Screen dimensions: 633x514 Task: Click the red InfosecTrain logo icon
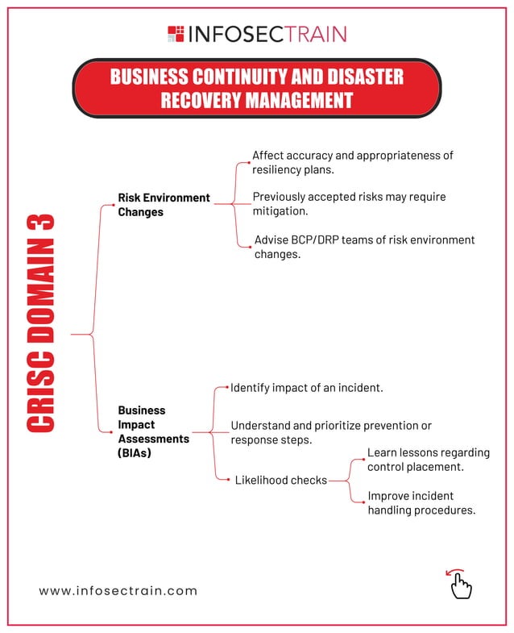176,34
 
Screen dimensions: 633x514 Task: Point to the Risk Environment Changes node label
164,205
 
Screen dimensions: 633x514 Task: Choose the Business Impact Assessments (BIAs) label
153,431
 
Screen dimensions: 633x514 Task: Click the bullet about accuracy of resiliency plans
353,162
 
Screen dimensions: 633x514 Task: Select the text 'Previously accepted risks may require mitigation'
349,204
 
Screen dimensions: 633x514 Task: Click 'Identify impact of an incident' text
306,388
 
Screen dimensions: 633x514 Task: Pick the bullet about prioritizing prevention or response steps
330,433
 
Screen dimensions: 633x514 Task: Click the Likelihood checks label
280,480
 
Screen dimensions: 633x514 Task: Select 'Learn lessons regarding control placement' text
428,460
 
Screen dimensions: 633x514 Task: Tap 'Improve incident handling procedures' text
421,502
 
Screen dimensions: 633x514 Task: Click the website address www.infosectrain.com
118,590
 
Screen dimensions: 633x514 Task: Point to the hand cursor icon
459,585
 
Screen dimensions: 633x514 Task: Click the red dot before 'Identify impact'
229,388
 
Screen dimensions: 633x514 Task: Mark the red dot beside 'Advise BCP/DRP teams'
251,247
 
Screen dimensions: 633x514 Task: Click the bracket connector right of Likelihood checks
347,481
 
